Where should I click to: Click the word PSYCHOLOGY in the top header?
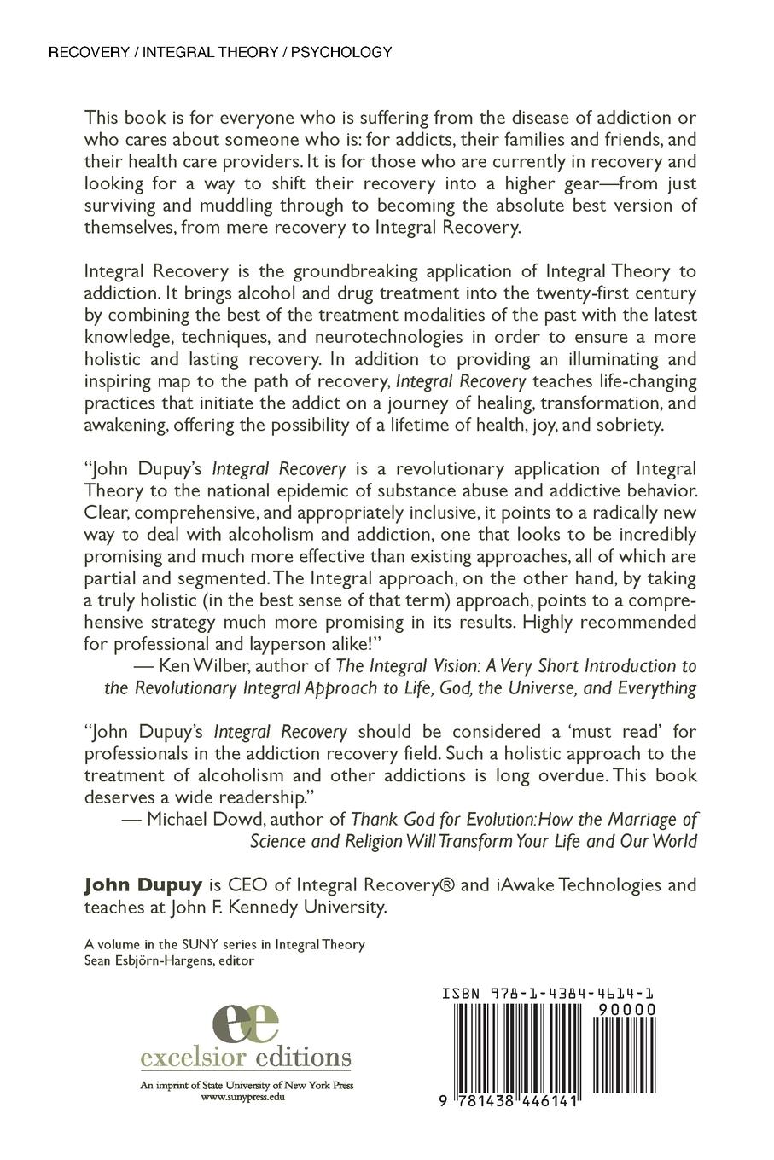coord(341,53)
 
